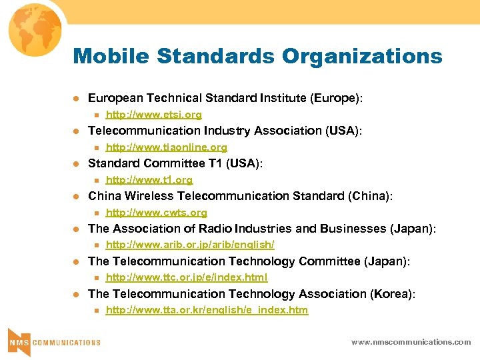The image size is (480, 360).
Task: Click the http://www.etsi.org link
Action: point(153,115)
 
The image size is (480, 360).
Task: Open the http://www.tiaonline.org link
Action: point(166,147)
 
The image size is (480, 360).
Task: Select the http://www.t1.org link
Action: point(149,180)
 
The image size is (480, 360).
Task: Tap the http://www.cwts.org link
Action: point(156,213)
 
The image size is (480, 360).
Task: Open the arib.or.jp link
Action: point(190,245)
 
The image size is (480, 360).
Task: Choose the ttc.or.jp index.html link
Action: point(187,277)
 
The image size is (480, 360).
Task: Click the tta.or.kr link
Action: point(207,310)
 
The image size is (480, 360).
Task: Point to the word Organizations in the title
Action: point(361,56)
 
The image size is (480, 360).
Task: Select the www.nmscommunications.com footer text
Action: point(411,342)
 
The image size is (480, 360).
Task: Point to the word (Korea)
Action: point(393,294)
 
